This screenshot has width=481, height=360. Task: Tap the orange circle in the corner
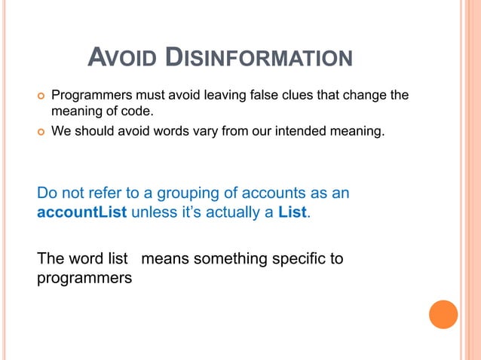tap(443, 314)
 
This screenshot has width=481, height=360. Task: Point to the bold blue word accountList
tap(82, 212)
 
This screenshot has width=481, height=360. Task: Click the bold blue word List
tap(292, 212)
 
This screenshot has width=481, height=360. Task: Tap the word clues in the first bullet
tap(289, 96)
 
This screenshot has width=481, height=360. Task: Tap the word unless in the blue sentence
tap(151, 212)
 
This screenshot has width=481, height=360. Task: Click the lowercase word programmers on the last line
tap(84, 278)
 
